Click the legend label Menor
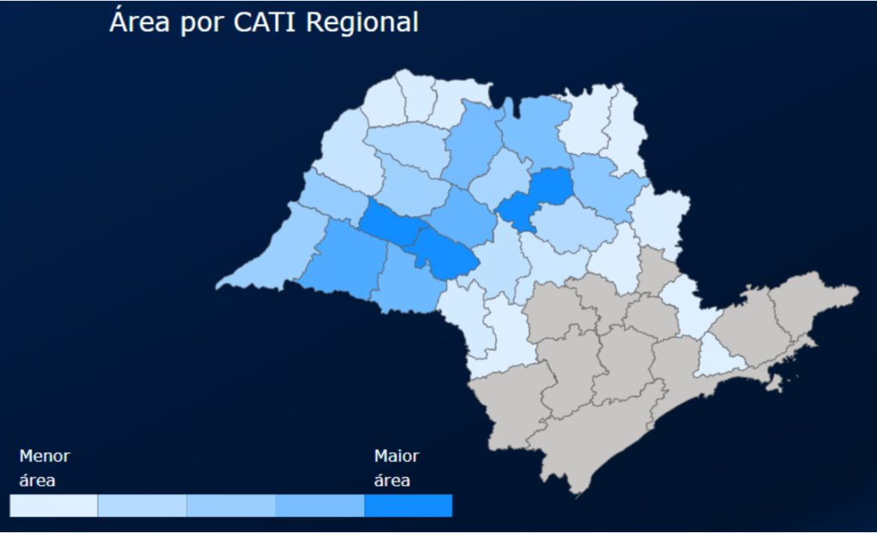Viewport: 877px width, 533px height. (x=45, y=456)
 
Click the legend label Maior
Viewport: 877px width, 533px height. (x=397, y=456)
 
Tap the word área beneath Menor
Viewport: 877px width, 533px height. (x=37, y=481)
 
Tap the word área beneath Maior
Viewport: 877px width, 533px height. (x=391, y=481)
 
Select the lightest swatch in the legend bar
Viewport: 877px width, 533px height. (x=54, y=506)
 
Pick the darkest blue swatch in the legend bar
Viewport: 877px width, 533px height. (x=408, y=506)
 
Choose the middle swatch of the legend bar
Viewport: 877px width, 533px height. (x=230, y=506)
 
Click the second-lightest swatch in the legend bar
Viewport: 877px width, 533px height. (x=142, y=506)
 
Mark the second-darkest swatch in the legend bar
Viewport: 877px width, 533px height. (x=319, y=506)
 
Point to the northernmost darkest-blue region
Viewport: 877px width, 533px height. (x=552, y=184)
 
